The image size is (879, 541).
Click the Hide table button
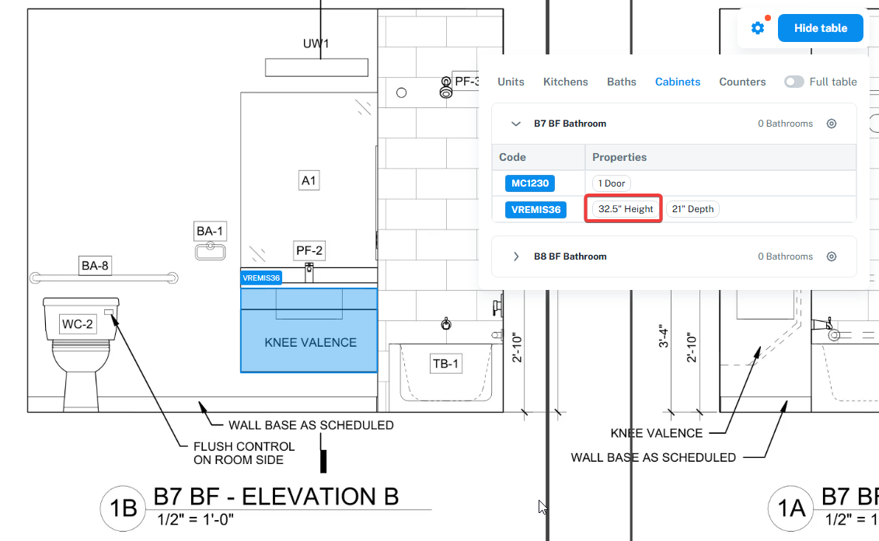(820, 28)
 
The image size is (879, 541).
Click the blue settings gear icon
(757, 28)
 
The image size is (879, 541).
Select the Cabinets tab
(677, 82)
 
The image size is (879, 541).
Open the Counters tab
(742, 82)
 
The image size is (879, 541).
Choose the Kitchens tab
(565, 82)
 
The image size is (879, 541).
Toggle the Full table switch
(794, 82)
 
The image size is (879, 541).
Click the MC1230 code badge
(530, 183)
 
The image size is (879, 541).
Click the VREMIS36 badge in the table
(535, 210)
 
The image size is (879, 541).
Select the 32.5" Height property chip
(625, 209)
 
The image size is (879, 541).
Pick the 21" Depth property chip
(692, 209)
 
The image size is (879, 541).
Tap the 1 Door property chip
(611, 183)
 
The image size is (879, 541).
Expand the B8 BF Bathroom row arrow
(516, 257)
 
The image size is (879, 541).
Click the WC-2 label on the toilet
(78, 324)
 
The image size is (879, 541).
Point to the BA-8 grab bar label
(95, 266)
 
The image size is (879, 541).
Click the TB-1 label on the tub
(445, 364)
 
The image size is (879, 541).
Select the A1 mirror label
(309, 180)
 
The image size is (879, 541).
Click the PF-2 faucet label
(309, 250)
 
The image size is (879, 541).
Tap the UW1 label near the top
(316, 44)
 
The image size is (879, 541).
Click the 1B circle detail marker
(124, 508)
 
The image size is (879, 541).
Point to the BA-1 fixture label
(210, 231)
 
